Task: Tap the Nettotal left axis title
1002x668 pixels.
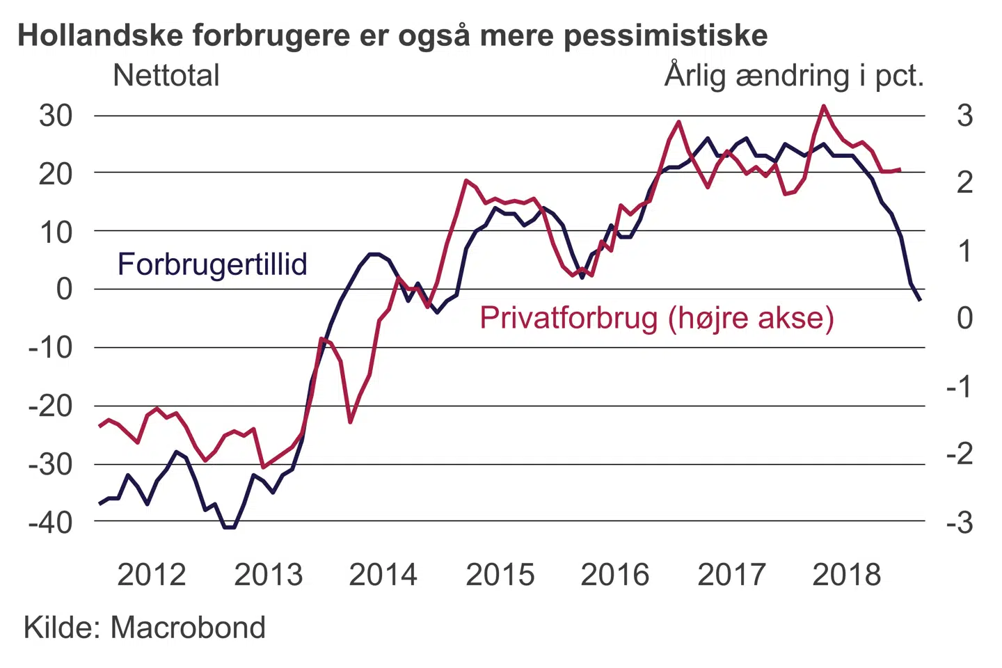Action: point(166,75)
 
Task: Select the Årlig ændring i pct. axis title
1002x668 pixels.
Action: point(794,75)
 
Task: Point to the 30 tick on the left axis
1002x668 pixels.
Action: point(56,116)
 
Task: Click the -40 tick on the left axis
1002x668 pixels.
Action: point(50,522)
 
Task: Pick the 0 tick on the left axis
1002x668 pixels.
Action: point(64,288)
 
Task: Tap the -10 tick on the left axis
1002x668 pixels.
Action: point(50,347)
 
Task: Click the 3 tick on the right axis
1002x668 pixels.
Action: point(964,116)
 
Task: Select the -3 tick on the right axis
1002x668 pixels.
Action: point(960,522)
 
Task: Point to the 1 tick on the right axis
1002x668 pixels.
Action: point(964,251)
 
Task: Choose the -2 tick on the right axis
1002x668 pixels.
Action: point(960,454)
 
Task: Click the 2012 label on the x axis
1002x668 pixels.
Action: point(152,575)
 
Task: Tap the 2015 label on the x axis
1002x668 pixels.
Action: point(500,575)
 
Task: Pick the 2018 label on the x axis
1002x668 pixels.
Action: point(846,575)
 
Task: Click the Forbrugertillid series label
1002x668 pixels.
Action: point(212,264)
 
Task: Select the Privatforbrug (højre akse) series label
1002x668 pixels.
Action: point(656,318)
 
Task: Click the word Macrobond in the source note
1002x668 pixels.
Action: point(188,628)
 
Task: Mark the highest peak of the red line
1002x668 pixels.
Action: point(824,106)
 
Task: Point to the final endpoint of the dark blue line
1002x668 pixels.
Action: point(921,300)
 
